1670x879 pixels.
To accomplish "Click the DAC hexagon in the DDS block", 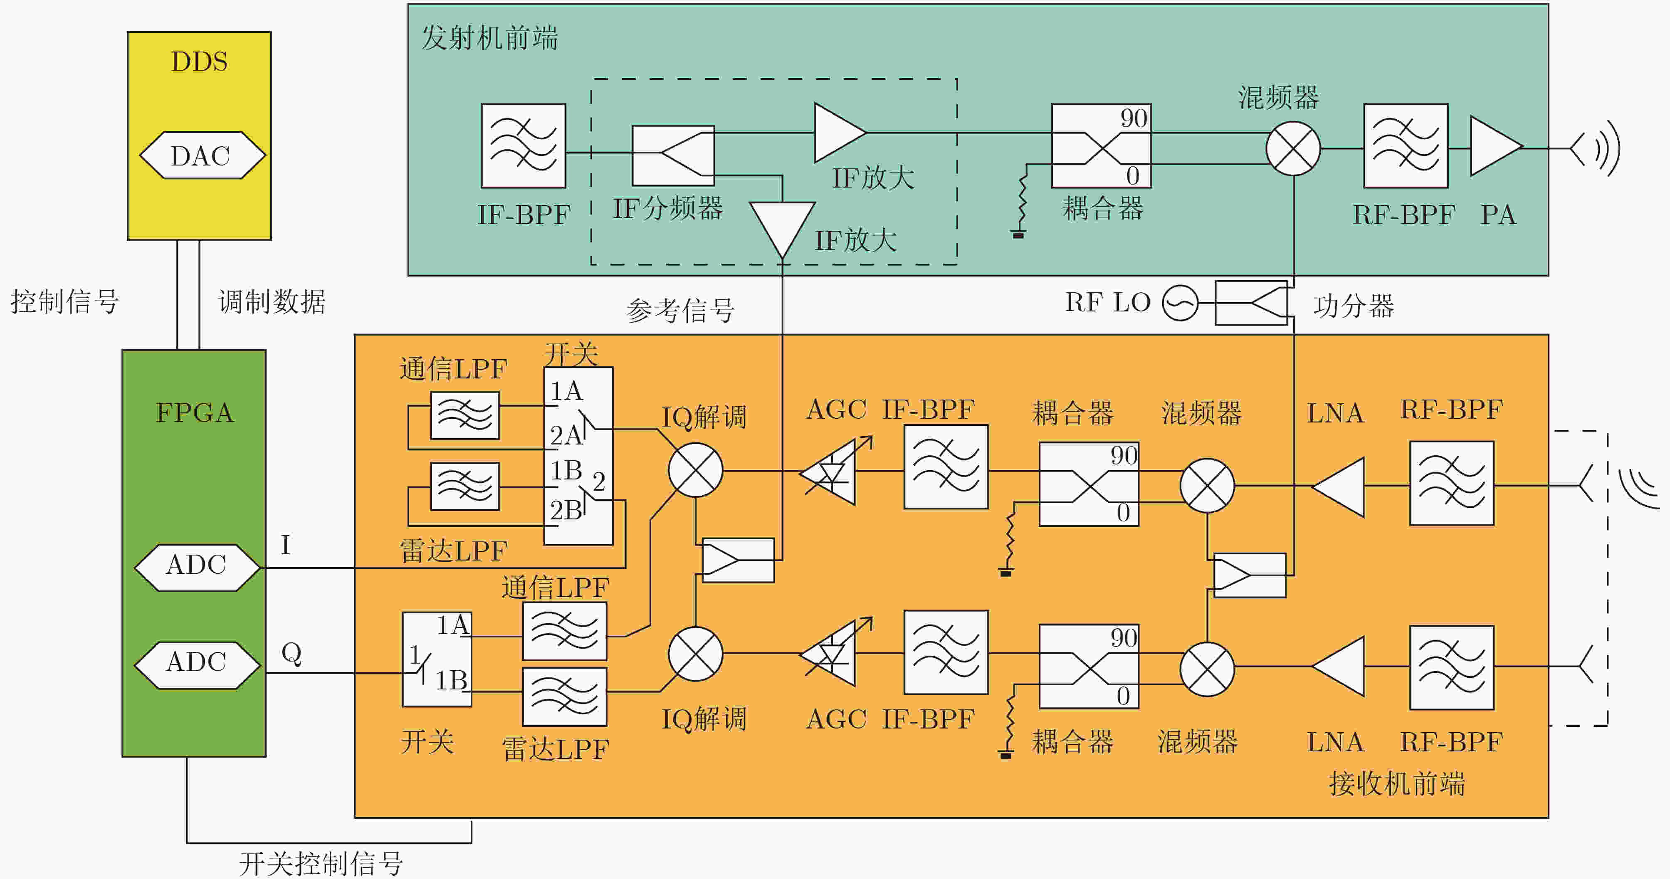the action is pos(202,155).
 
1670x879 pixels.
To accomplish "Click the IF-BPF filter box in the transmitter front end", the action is pos(523,146).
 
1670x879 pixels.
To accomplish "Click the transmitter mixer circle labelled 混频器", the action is pos(1293,148).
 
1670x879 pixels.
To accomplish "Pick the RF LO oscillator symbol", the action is pos(1180,303).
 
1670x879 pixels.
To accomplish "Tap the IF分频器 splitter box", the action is pos(673,156).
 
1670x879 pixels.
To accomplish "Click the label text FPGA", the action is pos(195,413).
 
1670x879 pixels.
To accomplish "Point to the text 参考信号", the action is pos(680,311).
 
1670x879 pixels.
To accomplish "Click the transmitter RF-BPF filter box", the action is pos(1406,146).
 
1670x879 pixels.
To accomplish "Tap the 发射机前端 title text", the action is pos(489,37).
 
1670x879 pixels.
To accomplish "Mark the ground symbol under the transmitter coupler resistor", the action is pos(1018,234).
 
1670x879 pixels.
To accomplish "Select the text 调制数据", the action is pos(272,302).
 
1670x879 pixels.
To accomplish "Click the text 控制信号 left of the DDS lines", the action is pos(64,302).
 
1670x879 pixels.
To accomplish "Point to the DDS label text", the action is pos(199,62).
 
